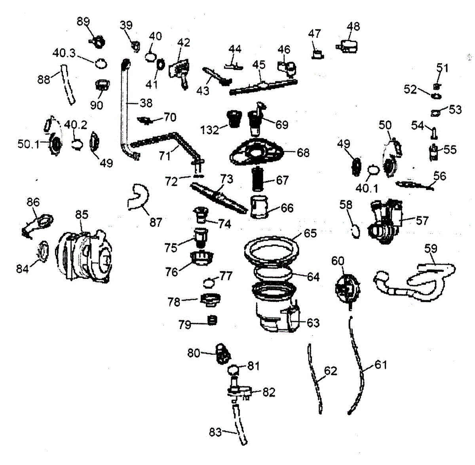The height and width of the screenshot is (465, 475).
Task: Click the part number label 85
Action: [82, 215]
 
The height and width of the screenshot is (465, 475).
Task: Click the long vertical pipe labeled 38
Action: [125, 107]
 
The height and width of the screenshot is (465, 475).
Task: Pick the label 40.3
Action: [64, 53]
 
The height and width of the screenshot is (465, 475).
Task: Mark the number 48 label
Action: [353, 26]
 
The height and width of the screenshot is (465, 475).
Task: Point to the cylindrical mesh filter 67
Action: [258, 180]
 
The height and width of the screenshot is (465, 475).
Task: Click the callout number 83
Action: [215, 432]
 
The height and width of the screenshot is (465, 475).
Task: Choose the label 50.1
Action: [28, 144]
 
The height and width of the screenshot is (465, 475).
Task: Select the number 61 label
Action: [380, 365]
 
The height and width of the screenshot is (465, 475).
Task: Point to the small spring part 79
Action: [212, 320]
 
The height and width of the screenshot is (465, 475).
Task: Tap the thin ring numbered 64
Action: [273, 273]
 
